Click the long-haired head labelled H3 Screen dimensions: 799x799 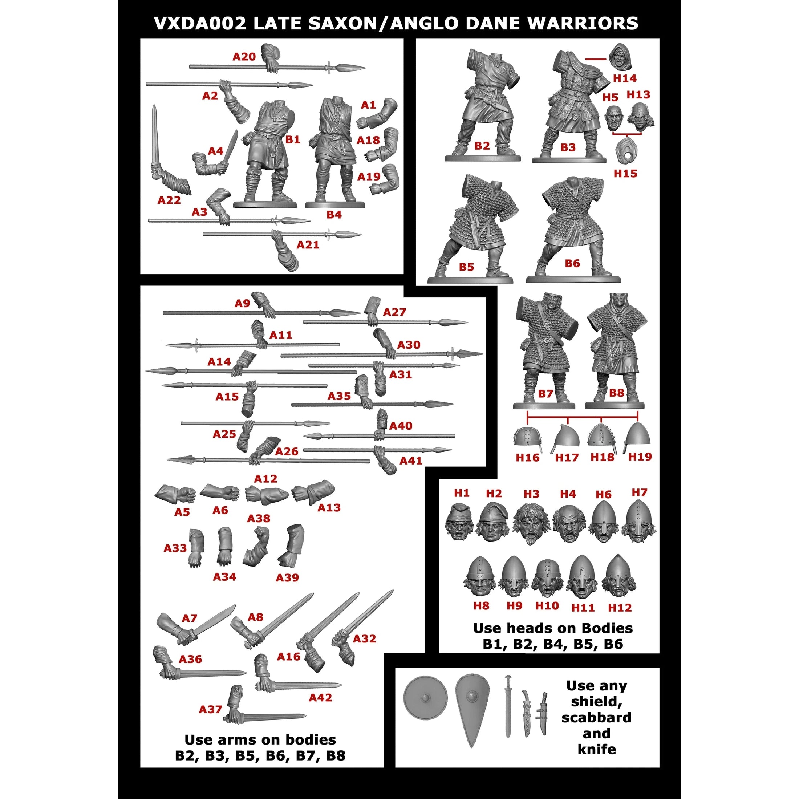pos(531,523)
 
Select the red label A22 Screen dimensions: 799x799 pos(169,200)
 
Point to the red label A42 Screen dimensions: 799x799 pos(321,698)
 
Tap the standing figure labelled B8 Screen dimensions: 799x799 pos(616,348)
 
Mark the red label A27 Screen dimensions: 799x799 pos(394,312)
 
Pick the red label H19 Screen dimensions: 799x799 pos(640,457)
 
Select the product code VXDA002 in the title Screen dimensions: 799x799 pos(200,23)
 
